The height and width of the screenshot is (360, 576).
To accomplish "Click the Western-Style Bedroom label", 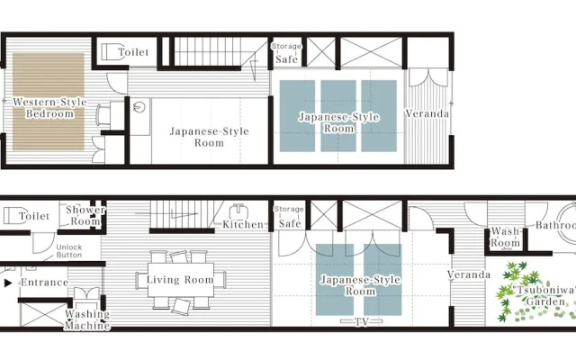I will (49, 108).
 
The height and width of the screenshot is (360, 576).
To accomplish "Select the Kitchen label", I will (243, 224).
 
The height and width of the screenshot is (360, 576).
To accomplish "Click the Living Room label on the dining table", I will (180, 280).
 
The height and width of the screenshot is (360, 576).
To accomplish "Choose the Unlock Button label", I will (69, 251).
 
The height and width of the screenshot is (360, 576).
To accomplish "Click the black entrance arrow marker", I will (8, 283).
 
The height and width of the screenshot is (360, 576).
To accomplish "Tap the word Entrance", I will (43, 283).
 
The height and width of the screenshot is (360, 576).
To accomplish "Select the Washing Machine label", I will (87, 319).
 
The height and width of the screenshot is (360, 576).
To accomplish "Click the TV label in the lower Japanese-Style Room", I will (359, 320).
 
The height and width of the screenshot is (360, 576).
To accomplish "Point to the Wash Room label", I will (505, 238).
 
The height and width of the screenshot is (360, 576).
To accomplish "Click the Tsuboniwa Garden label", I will (544, 296).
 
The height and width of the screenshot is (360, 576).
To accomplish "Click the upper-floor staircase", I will (207, 51).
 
